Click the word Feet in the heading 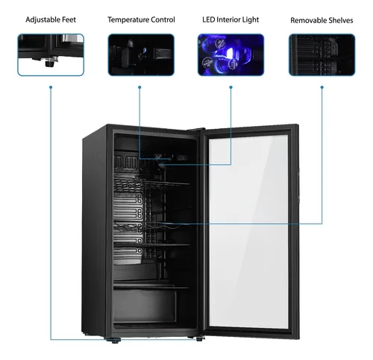(66, 19)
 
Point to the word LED (208, 19)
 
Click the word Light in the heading (251, 20)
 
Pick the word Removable (306, 20)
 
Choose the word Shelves (339, 20)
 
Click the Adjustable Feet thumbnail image (51, 54)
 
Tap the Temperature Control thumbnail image (141, 54)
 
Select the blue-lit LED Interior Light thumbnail (231, 54)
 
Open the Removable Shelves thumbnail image (322, 54)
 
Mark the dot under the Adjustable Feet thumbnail (51, 87)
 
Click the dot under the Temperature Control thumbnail (140, 87)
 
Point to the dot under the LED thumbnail (231, 87)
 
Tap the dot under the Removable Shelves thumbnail (322, 87)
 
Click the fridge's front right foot (198, 338)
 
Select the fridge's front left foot (114, 341)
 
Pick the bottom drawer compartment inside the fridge (145, 306)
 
